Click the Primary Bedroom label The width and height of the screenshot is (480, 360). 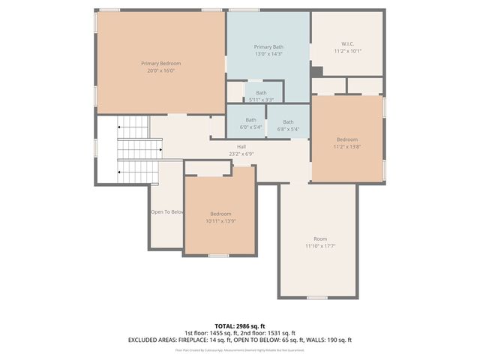(160, 64)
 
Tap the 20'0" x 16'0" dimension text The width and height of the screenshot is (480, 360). (160, 71)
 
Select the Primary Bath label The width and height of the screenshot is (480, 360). (268, 46)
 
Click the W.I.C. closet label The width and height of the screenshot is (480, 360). (347, 43)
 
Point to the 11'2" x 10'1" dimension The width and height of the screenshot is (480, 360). (347, 51)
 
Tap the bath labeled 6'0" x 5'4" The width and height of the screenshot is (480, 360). (250, 124)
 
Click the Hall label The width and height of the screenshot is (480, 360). (241, 146)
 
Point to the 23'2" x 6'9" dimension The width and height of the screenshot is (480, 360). (241, 154)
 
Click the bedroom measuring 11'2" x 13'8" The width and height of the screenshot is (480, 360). (346, 142)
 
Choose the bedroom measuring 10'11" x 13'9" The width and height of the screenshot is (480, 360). (220, 217)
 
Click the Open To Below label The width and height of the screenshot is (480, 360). (167, 212)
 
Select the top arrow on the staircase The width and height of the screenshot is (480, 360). (120, 129)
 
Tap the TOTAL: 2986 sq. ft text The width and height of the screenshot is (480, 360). (239, 325)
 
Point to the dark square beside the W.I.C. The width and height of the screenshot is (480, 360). (316, 71)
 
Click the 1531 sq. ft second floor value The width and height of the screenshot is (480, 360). (282, 333)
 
